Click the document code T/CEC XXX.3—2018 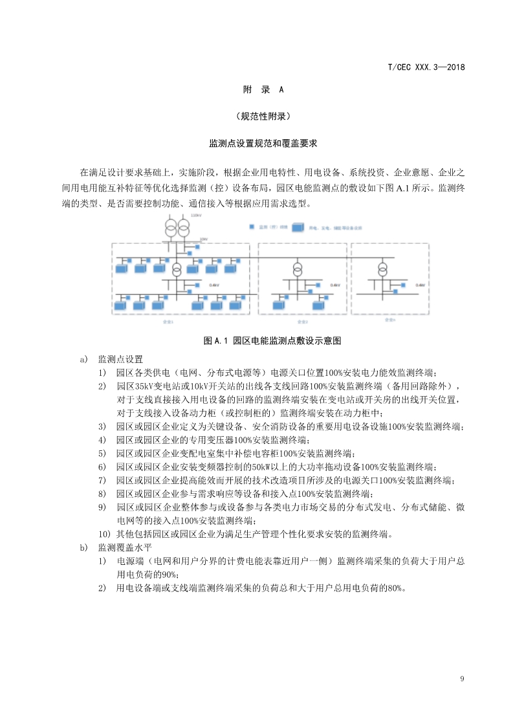[426, 67]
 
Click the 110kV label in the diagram [196, 215]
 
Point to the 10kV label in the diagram [203, 239]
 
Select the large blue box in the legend [298, 228]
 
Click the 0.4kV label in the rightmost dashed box [420, 285]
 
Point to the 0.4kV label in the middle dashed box [335, 285]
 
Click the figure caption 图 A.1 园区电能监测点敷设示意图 [272, 340]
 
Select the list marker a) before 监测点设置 [83, 359]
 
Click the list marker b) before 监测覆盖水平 [83, 547]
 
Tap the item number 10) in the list [104, 534]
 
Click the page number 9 [462, 679]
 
